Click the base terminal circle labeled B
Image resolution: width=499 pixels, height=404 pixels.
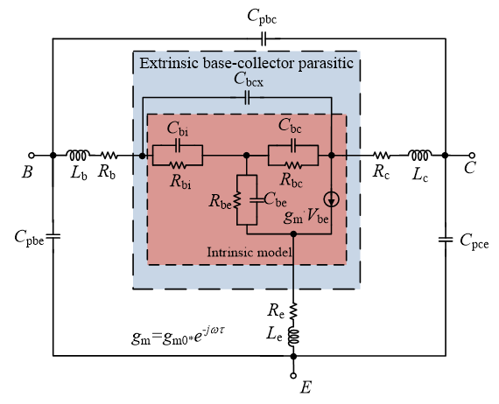pyautogui.click(x=32, y=156)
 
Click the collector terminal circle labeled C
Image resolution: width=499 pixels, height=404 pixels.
pyautogui.click(x=472, y=156)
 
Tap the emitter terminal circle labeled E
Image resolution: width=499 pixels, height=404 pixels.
pyautogui.click(x=293, y=375)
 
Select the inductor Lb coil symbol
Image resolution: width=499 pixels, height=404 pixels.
pyautogui.click(x=78, y=155)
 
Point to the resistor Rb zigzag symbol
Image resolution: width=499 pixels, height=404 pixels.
pyautogui.click(x=109, y=156)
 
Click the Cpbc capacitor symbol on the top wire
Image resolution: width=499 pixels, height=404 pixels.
pyautogui.click(x=264, y=38)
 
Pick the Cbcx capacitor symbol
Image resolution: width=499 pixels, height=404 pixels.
pyautogui.click(x=247, y=98)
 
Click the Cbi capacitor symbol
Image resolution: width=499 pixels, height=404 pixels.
pyautogui.click(x=178, y=145)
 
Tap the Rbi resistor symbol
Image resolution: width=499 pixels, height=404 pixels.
pyautogui.click(x=178, y=165)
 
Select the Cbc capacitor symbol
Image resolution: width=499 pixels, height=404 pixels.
pyautogui.click(x=293, y=145)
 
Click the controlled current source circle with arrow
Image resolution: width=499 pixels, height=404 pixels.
pyautogui.click(x=331, y=199)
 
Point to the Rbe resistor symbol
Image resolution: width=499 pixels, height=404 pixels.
pyautogui.click(x=237, y=200)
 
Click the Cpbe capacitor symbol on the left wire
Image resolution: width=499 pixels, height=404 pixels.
pyautogui.click(x=53, y=236)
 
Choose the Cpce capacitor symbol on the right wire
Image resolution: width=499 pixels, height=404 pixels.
pyautogui.click(x=446, y=240)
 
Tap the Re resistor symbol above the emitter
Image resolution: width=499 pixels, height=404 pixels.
pyautogui.click(x=293, y=310)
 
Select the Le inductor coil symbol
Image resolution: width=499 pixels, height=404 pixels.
pyautogui.click(x=293, y=338)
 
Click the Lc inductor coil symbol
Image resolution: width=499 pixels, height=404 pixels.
pyautogui.click(x=419, y=155)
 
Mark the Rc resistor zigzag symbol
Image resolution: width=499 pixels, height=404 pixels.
pyautogui.click(x=382, y=156)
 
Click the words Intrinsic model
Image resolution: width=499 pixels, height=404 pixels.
pyautogui.click(x=249, y=253)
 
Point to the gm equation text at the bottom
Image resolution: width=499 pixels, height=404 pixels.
pyautogui.click(x=179, y=336)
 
